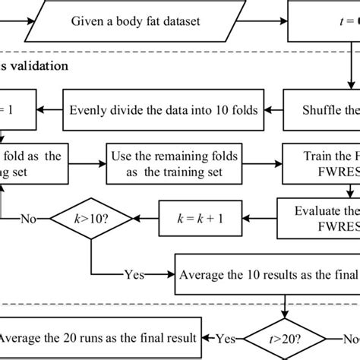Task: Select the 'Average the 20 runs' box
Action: click(x=99, y=336)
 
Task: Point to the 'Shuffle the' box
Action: click(x=323, y=111)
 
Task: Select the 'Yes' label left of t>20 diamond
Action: click(x=225, y=336)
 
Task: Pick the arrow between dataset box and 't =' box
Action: click(x=259, y=21)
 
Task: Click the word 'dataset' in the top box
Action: click(x=181, y=21)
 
